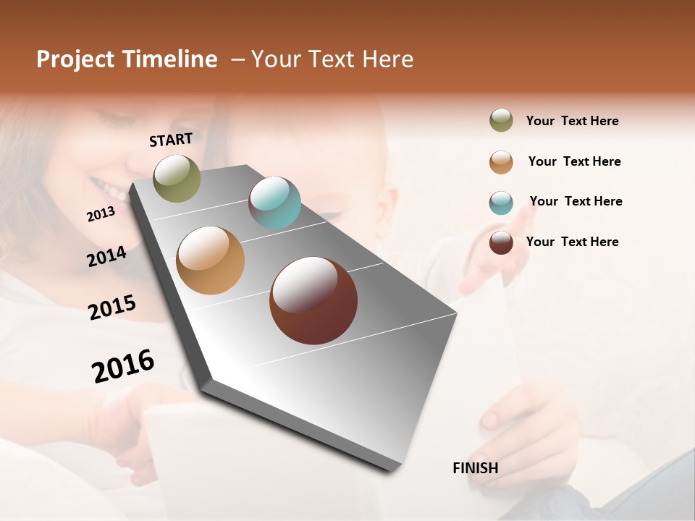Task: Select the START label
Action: coord(171,140)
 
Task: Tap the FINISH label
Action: coord(475,468)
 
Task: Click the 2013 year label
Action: coord(101,214)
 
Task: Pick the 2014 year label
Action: coord(106,256)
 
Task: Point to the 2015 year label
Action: coord(111,307)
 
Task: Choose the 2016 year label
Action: coord(123,366)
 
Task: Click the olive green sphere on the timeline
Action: coord(177,178)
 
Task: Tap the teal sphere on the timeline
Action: coord(274,203)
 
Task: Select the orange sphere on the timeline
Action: coord(210,260)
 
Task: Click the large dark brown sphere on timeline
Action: coord(313,300)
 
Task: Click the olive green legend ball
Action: coord(501,120)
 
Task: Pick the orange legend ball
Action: coord(501,162)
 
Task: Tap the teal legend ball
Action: coord(501,203)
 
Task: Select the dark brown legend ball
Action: coord(501,242)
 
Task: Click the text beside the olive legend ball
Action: coord(572,122)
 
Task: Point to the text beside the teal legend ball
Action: coord(576,201)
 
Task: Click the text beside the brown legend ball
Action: coord(572,242)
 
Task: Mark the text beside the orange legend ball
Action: coord(574,161)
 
